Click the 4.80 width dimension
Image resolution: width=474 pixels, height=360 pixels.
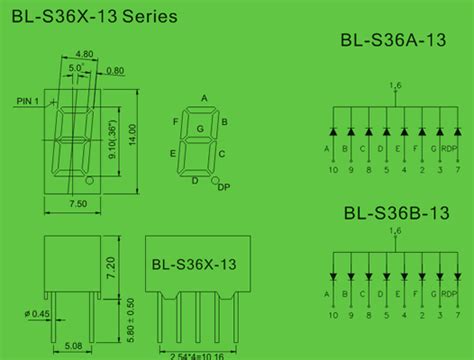[84, 55]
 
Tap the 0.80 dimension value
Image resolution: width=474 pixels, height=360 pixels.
[117, 70]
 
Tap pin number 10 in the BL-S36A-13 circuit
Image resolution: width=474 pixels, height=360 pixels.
[329, 170]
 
